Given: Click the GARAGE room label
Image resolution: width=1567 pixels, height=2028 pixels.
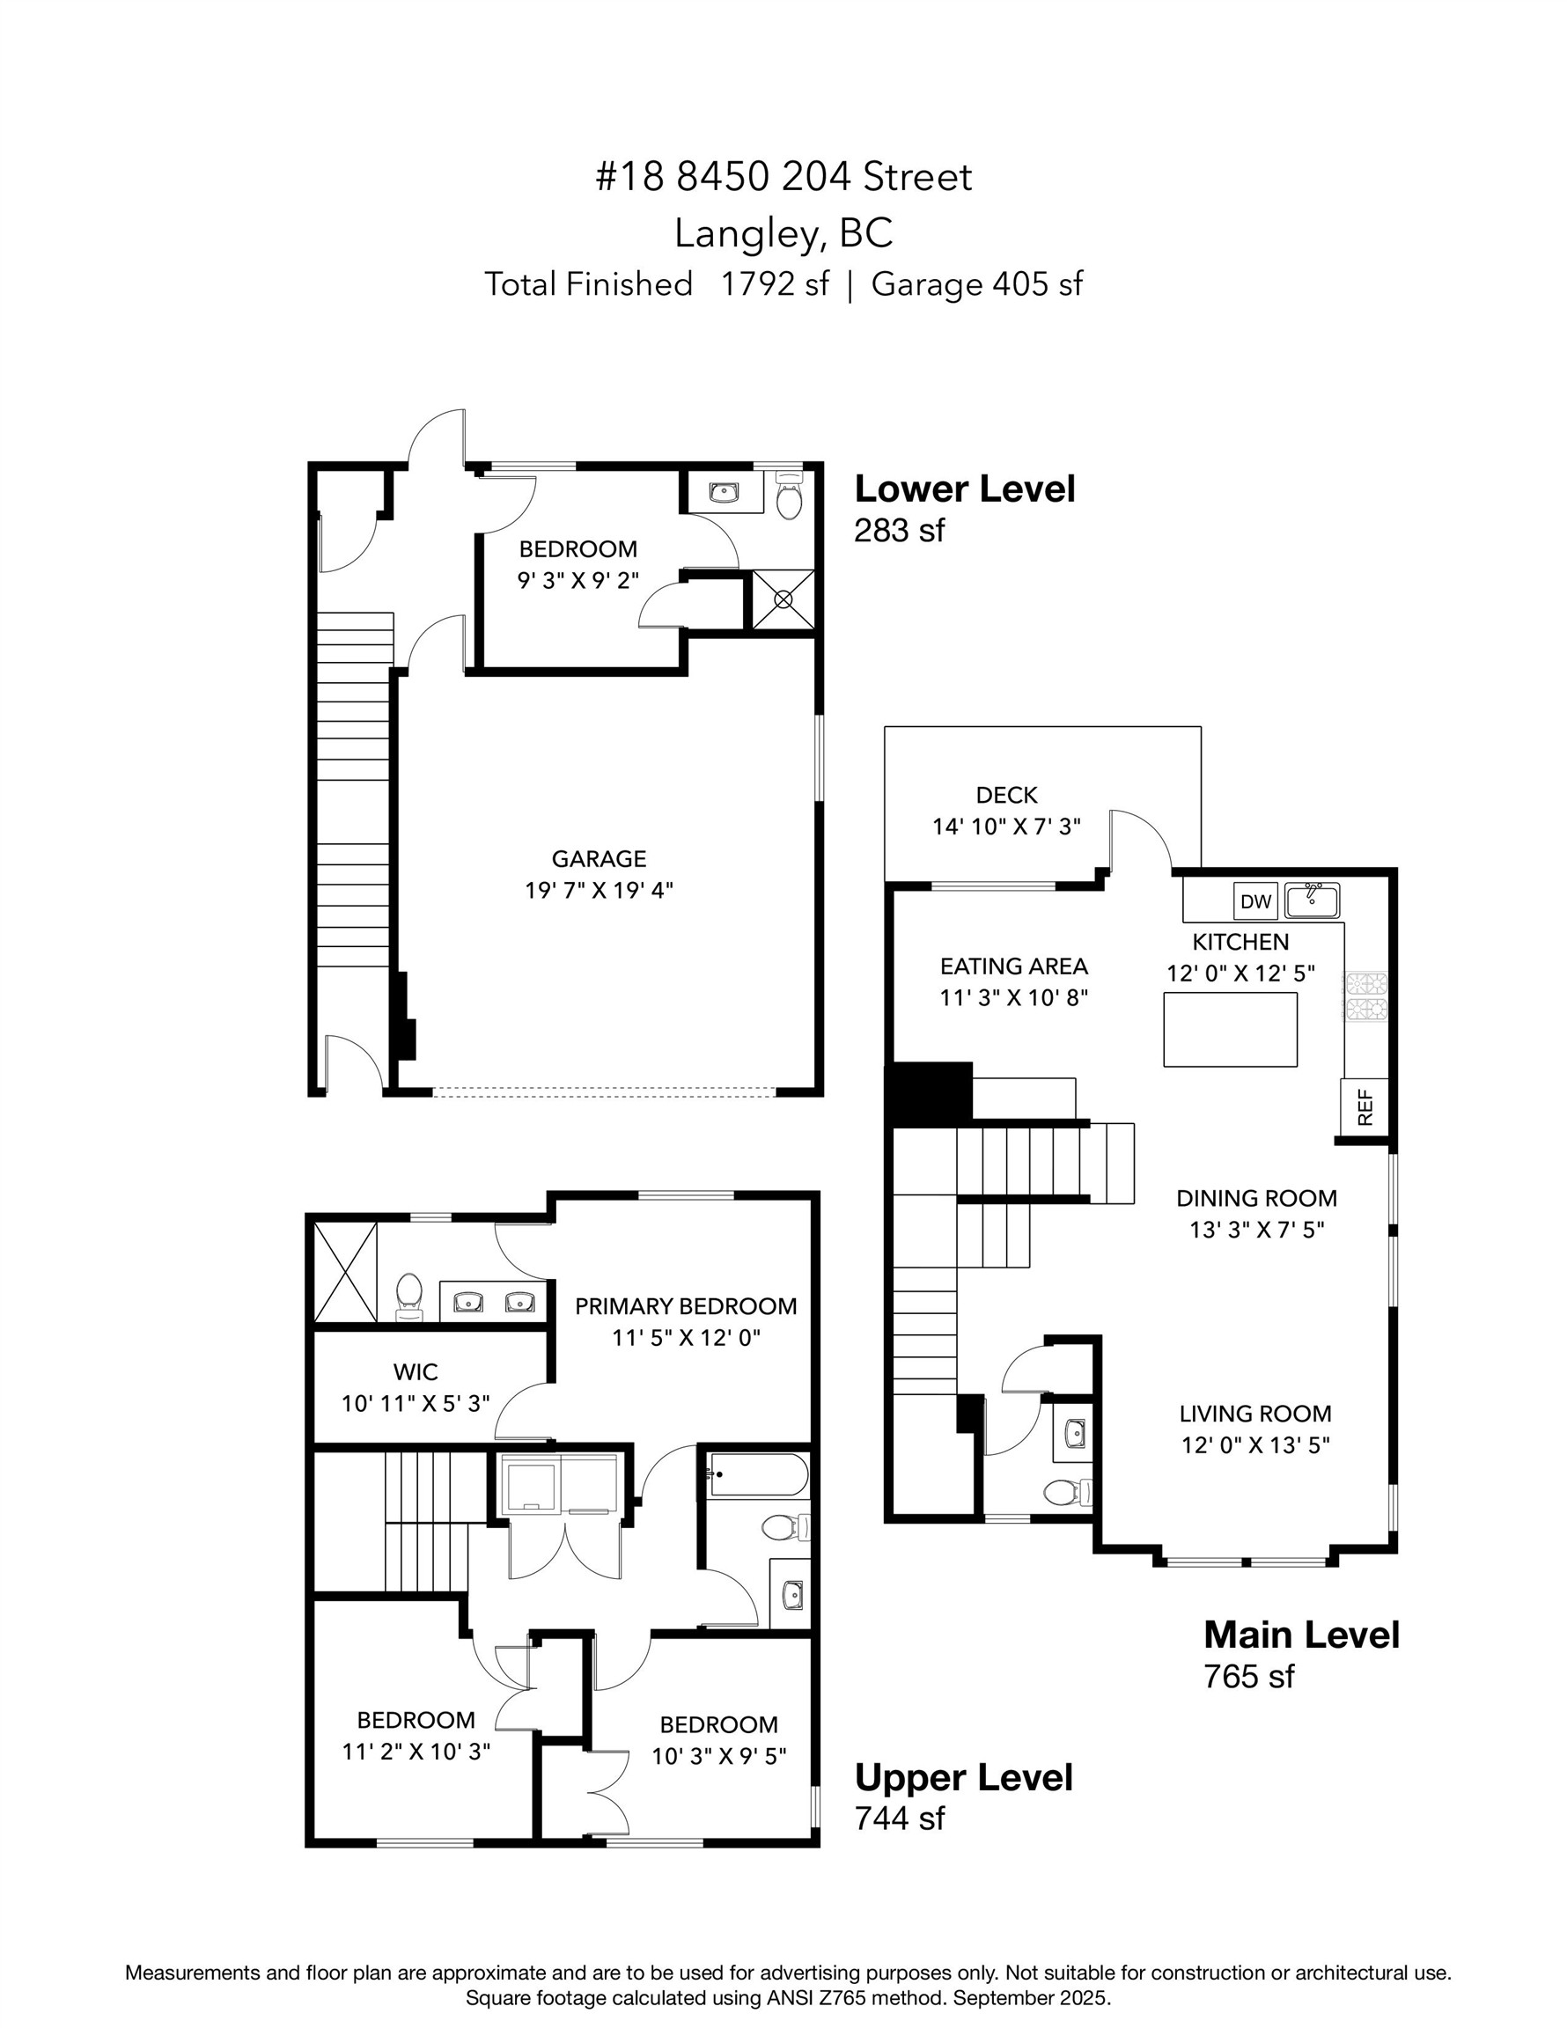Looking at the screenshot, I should [x=599, y=859].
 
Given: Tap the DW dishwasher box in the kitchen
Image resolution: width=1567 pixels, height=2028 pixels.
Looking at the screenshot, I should [x=1254, y=900].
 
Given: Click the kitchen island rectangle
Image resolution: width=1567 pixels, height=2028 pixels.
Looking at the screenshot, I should [x=1231, y=1029].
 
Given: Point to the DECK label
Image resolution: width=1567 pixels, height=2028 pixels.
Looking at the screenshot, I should [x=1006, y=795].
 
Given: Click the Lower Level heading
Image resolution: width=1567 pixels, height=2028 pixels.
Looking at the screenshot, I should [x=964, y=489].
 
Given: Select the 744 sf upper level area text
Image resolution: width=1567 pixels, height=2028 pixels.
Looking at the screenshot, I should [x=898, y=1819].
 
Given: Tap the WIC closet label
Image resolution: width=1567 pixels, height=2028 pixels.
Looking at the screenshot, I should [x=416, y=1371].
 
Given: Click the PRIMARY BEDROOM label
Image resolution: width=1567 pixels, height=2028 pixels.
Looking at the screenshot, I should [x=686, y=1306].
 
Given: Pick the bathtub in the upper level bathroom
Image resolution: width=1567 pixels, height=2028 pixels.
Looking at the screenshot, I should [x=758, y=1474].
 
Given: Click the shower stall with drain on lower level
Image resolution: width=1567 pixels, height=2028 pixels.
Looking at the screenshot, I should [x=783, y=599].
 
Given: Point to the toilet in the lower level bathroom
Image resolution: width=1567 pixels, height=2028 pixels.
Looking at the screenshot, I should [x=789, y=499].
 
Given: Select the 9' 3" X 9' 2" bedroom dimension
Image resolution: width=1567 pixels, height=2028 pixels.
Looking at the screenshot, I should [x=578, y=581].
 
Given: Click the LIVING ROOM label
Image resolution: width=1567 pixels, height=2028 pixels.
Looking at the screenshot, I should [x=1254, y=1414].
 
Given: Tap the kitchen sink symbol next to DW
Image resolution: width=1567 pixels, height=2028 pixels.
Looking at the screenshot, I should [x=1312, y=899].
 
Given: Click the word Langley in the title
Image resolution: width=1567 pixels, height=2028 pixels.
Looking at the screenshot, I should [x=748, y=234].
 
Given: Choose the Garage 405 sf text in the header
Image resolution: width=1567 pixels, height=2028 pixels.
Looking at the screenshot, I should [x=976, y=284].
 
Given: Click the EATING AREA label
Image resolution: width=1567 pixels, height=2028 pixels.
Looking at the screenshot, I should [x=1013, y=966].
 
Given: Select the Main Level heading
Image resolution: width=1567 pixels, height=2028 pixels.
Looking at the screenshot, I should [x=1300, y=1635].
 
